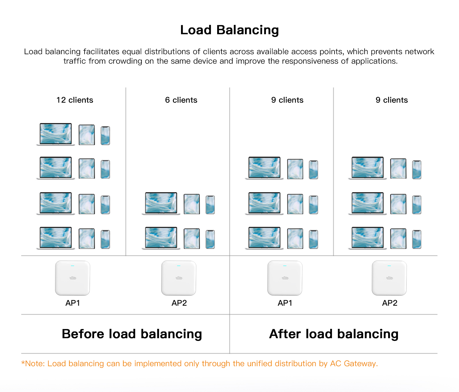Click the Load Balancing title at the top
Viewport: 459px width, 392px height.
[229, 30]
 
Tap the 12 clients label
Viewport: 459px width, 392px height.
[75, 100]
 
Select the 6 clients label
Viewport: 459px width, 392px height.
[181, 100]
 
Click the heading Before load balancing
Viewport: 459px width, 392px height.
[132, 334]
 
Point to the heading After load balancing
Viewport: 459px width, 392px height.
[334, 334]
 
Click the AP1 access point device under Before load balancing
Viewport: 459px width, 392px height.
[73, 278]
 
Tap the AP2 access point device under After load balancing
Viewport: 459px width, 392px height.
[389, 278]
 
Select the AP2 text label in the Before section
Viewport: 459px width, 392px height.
[179, 303]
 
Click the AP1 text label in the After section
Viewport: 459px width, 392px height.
[285, 303]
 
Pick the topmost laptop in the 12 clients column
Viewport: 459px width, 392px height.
[56, 134]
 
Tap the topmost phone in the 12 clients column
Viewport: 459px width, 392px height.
[105, 135]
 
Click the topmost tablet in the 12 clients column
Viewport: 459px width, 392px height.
[87, 135]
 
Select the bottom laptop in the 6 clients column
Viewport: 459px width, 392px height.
[161, 238]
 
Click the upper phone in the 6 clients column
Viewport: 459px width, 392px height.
[210, 205]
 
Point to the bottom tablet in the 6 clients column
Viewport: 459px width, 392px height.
[192, 239]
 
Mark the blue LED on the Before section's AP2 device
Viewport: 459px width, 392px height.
[179, 266]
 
